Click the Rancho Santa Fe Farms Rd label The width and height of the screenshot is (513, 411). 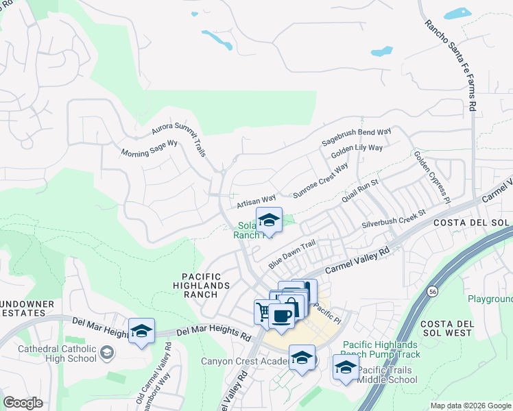450,66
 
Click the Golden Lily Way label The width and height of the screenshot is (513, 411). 357,151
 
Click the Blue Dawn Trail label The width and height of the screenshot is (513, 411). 291,253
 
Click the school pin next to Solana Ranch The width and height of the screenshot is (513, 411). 269,221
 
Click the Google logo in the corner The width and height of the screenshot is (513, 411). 23,403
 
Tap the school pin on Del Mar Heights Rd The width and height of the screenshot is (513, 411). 141,332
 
